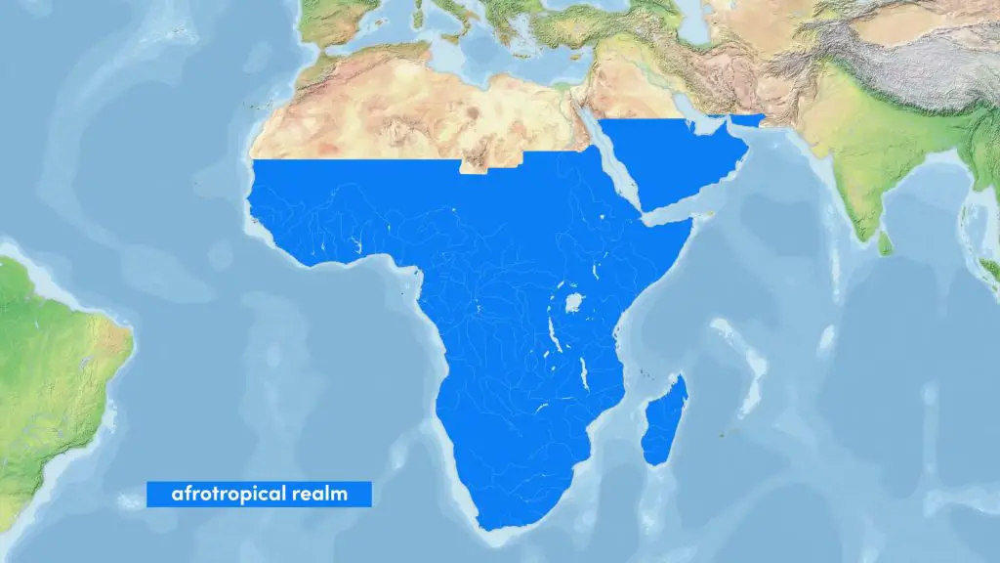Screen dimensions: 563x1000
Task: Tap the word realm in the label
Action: pos(320,494)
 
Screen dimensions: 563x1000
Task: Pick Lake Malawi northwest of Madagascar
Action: pos(583,371)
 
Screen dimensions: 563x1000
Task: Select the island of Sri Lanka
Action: pos(885,243)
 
